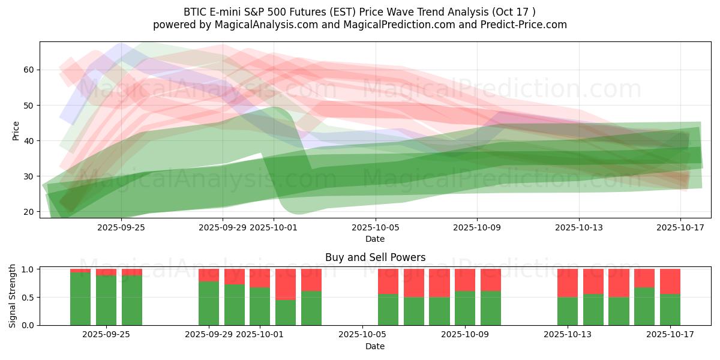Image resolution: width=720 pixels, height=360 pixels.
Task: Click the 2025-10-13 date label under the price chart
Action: tap(578, 227)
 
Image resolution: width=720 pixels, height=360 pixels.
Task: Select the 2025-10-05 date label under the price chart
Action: tap(375, 227)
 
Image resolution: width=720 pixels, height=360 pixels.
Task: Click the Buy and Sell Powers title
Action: tap(375, 257)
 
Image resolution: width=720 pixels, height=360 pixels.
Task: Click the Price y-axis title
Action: tap(16, 131)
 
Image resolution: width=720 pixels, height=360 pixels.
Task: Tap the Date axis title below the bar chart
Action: tap(375, 346)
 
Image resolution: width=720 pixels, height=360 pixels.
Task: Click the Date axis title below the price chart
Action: tap(375, 239)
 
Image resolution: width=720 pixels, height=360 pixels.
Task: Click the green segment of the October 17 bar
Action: tap(670, 310)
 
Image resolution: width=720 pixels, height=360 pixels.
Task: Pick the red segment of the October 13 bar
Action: tap(568, 283)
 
